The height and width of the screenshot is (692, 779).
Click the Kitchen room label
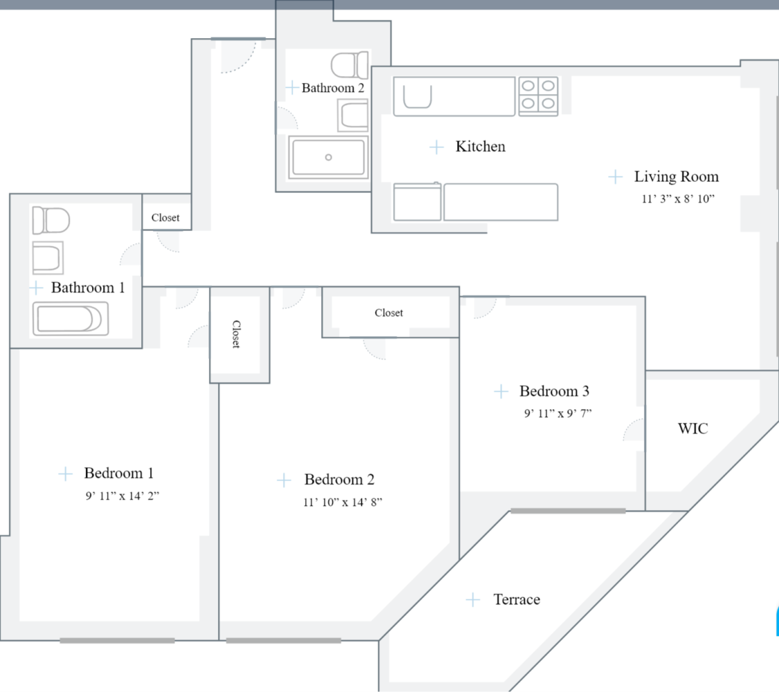[x=480, y=147]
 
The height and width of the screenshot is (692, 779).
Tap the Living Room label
[x=676, y=176]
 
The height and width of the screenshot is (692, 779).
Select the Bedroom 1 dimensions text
[x=122, y=495]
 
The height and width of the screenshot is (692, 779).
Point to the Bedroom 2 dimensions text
[x=342, y=502]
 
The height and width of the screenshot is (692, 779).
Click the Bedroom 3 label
[x=554, y=392]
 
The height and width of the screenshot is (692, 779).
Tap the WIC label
[x=692, y=429]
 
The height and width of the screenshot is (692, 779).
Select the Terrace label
[x=517, y=600]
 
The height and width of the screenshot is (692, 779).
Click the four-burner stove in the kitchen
[x=538, y=95]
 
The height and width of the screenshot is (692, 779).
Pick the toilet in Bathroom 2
[x=350, y=66]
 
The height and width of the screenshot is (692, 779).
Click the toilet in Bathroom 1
[x=51, y=221]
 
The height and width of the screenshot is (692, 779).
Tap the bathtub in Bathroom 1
[x=69, y=320]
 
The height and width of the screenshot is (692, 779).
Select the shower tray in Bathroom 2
[x=328, y=157]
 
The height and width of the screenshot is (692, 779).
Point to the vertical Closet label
[x=236, y=334]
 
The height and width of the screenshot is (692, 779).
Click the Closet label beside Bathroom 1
[x=165, y=218]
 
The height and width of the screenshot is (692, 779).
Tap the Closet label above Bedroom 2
[x=388, y=313]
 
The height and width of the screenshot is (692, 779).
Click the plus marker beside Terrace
[x=473, y=599]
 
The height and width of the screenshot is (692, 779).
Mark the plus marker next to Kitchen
[x=436, y=147]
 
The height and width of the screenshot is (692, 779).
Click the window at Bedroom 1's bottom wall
[x=117, y=641]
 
